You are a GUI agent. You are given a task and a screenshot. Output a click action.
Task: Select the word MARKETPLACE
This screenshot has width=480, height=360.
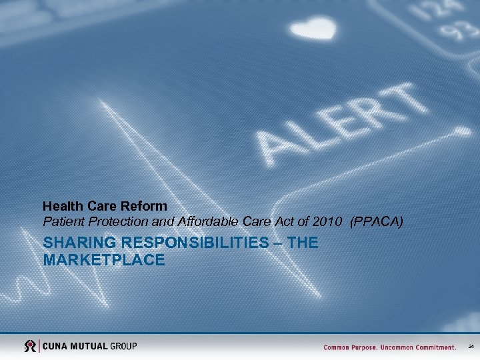point(103,259)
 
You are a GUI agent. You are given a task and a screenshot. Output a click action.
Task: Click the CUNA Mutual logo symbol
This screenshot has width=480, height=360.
point(30,346)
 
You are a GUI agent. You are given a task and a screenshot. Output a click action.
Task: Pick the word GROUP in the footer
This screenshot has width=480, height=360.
point(124,346)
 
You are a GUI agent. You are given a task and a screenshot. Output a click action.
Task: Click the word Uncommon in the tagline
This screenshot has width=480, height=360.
point(400,347)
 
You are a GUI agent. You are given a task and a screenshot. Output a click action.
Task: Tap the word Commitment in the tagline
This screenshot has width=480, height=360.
point(435,347)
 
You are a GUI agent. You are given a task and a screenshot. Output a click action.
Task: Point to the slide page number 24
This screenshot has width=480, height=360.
point(471,347)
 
